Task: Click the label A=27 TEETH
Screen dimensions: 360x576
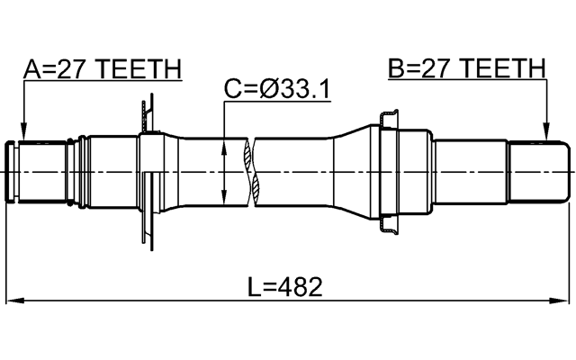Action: point(102,69)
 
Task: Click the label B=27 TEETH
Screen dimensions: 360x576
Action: point(466,69)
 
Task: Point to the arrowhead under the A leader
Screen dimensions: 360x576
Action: point(23,135)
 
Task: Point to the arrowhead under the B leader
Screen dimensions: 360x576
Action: point(545,135)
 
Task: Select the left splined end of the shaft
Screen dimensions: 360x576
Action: point(40,170)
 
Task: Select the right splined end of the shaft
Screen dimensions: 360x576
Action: point(540,170)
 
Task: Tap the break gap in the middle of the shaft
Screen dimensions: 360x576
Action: point(250,170)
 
